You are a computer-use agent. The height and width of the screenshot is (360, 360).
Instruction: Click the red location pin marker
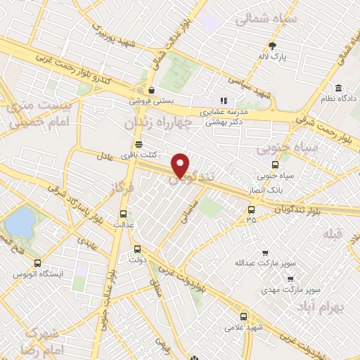tap(181, 165)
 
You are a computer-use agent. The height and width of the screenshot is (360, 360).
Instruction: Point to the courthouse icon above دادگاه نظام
tap(339, 89)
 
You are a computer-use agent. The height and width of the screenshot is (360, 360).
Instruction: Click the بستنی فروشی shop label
tap(150, 101)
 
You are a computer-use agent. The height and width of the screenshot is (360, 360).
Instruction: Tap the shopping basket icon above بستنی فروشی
tap(151, 90)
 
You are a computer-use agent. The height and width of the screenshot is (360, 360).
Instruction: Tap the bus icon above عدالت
tap(124, 214)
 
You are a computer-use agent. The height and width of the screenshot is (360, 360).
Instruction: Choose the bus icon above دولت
tap(137, 247)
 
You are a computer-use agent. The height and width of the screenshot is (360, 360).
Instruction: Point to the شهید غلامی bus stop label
tap(243, 327)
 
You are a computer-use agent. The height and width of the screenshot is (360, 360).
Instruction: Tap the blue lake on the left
tap(19, 224)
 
